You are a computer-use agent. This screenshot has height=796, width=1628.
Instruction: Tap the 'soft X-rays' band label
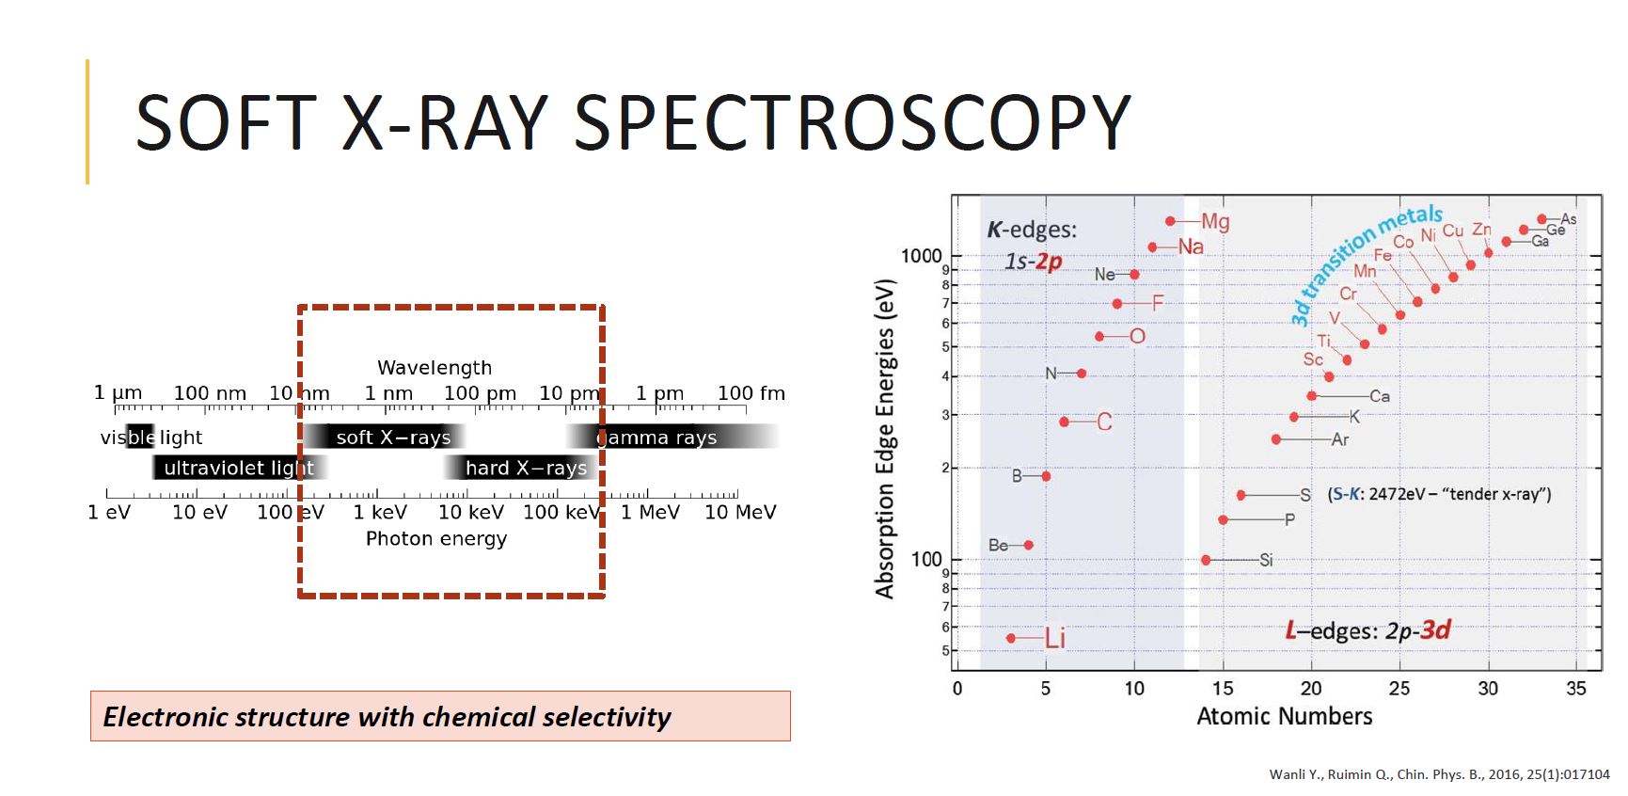click(393, 437)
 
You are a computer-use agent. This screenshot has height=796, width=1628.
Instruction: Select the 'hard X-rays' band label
click(526, 468)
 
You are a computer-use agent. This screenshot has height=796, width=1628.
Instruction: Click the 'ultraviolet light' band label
click(239, 468)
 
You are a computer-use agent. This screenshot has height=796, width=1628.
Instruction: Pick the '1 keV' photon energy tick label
click(380, 512)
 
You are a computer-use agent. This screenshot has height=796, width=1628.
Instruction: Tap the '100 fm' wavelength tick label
click(751, 393)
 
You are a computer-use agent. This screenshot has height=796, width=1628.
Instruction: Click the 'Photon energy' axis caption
click(436, 538)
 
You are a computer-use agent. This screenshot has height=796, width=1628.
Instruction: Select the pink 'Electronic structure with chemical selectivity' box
click(440, 716)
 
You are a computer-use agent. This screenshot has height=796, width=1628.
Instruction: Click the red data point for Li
click(1011, 638)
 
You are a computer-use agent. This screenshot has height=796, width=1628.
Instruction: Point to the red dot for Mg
click(1170, 221)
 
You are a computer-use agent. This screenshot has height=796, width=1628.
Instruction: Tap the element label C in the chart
click(1104, 422)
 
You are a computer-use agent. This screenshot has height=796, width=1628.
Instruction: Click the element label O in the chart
click(1137, 336)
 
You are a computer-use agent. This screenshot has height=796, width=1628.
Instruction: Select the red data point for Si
click(1206, 560)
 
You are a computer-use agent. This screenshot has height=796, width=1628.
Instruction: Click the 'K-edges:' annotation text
click(1032, 229)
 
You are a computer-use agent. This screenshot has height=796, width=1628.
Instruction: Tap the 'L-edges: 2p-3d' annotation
click(1367, 629)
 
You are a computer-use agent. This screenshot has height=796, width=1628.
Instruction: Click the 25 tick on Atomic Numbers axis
click(1399, 688)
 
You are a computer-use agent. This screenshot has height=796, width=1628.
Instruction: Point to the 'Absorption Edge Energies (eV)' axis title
click(884, 438)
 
